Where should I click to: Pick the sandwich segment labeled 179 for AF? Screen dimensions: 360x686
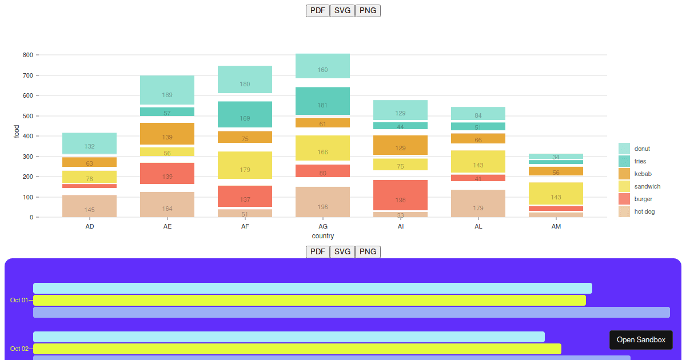[245, 165]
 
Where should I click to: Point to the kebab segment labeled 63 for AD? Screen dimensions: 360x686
[89, 162]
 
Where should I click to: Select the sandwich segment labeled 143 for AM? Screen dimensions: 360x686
[556, 193]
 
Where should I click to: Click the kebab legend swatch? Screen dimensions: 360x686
[624, 174]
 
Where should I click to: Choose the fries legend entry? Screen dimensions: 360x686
[640, 161]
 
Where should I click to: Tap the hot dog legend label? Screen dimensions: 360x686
[644, 211]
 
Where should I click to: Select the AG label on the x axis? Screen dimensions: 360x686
[323, 226]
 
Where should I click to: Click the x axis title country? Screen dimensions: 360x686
[323, 236]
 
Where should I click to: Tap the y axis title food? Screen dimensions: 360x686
[17, 131]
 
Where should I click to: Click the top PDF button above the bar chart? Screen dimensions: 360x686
[318, 10]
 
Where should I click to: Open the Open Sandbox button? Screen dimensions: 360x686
[641, 339]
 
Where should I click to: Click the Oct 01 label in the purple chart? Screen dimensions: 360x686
[19, 300]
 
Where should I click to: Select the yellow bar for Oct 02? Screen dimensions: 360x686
[297, 349]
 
